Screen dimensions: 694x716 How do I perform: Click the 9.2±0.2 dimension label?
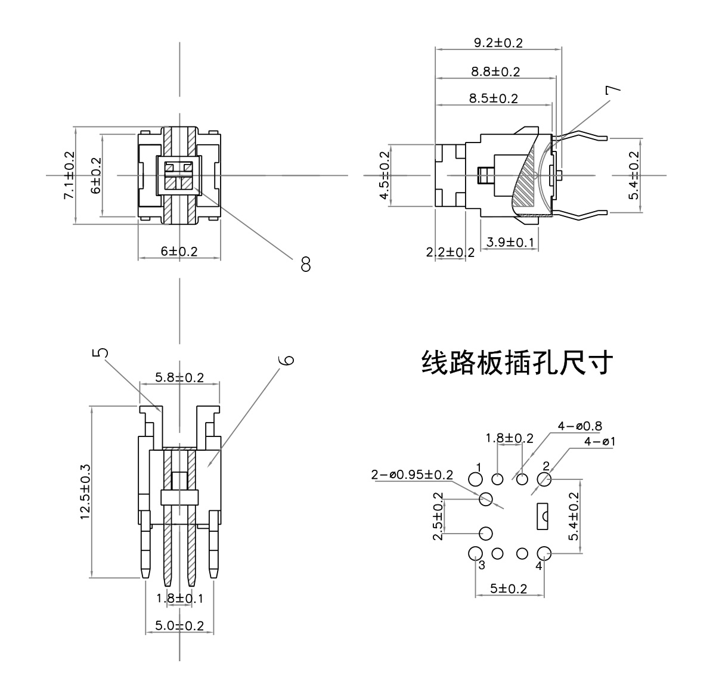(x=498, y=43)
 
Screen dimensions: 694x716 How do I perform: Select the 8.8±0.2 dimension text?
(x=495, y=72)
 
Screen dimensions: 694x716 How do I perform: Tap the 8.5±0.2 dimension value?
(x=493, y=98)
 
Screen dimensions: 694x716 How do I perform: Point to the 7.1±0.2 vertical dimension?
(x=70, y=176)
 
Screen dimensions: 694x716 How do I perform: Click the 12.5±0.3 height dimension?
(x=85, y=492)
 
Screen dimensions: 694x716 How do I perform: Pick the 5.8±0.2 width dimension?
(x=179, y=377)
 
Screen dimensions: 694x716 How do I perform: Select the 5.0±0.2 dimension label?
(x=179, y=625)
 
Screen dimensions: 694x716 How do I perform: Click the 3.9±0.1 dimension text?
(x=510, y=242)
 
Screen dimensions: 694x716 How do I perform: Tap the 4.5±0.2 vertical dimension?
(x=385, y=176)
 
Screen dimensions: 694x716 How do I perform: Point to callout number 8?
(x=306, y=264)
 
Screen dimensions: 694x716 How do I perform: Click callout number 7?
(x=612, y=90)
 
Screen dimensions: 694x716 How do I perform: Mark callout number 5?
(x=102, y=352)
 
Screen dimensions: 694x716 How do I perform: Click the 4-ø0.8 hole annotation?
(x=579, y=426)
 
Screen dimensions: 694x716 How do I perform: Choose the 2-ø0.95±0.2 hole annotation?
(x=411, y=475)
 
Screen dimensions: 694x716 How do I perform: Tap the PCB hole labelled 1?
(x=475, y=479)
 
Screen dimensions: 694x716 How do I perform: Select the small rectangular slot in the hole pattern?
(x=543, y=516)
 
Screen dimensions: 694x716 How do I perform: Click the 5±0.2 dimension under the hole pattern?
(x=509, y=588)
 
